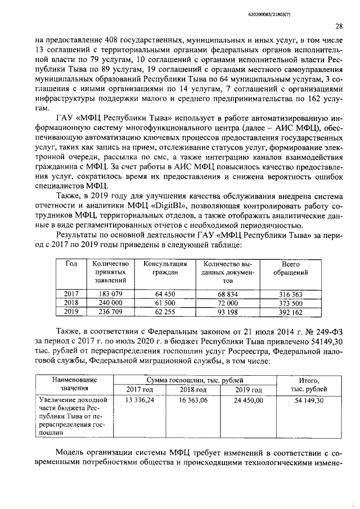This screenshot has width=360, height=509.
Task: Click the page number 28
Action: tap(338, 26)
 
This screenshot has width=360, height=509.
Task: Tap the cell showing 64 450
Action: tap(165, 294)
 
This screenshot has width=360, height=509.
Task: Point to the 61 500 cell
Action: tap(165, 302)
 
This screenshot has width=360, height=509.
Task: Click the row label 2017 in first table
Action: tap(71, 294)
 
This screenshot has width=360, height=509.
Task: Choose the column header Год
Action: tap(71, 264)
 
